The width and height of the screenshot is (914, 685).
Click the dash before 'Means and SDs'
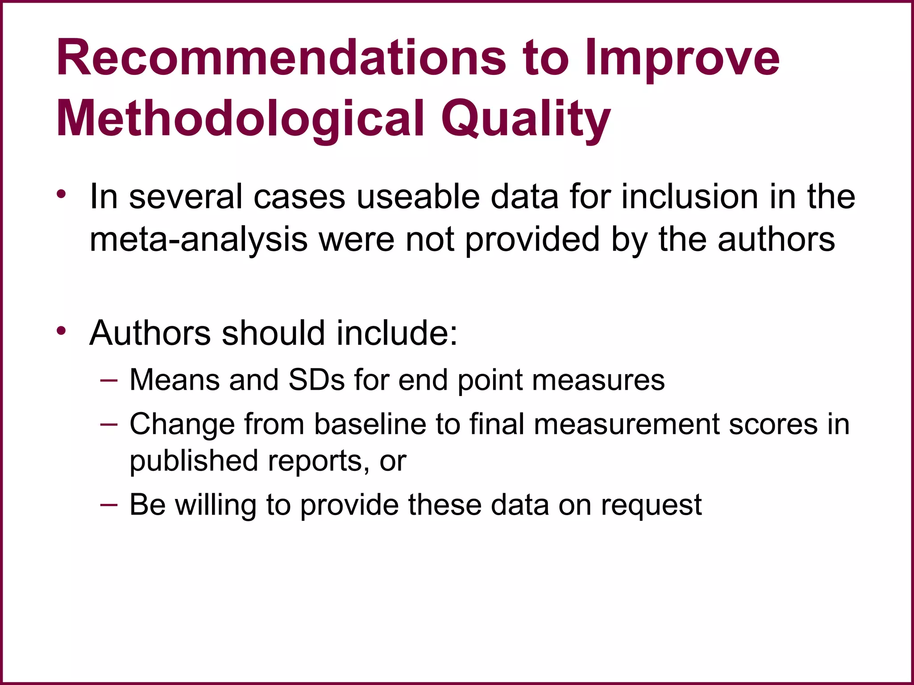109,380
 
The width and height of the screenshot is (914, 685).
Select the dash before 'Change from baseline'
109,424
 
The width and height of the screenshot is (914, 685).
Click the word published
194,461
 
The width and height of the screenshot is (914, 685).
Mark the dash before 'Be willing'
109,504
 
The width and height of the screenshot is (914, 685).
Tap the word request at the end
651,506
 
